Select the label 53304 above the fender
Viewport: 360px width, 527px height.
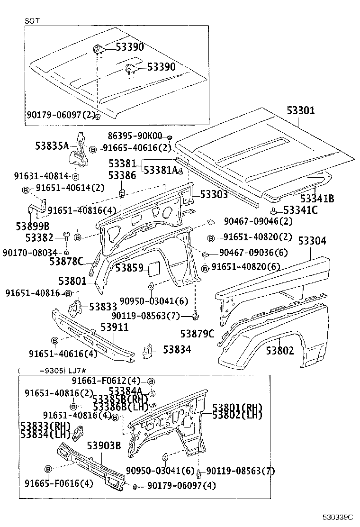(312, 241)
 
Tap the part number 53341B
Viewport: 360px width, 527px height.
(317, 199)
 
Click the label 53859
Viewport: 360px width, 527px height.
(129, 268)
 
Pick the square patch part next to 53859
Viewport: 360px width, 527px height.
(155, 268)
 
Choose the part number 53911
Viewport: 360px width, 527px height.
(114, 327)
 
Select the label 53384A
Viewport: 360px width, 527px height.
(126, 391)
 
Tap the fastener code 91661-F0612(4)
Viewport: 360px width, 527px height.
(106, 381)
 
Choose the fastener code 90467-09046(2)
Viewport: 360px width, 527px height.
(258, 221)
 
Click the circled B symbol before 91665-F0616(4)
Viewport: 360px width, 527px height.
(48, 469)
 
